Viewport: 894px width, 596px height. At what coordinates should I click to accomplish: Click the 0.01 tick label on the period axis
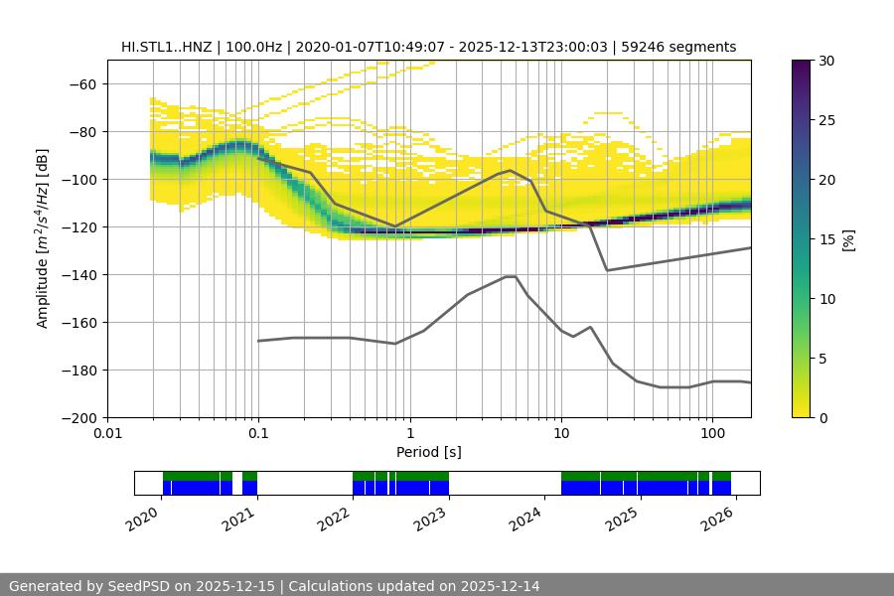(107, 434)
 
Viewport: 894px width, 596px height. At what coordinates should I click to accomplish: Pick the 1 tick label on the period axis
(409, 434)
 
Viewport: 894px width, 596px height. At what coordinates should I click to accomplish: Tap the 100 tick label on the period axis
(711, 434)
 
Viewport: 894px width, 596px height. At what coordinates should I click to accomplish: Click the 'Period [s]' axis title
(428, 452)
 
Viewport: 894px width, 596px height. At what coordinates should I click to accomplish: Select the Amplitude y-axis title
(43, 238)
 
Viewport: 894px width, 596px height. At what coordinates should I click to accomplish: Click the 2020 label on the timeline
(144, 517)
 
